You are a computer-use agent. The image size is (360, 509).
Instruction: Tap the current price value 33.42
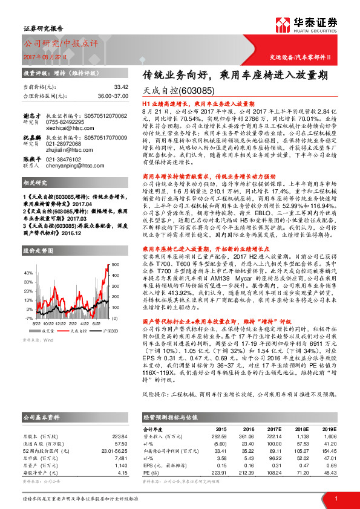[x=121, y=86]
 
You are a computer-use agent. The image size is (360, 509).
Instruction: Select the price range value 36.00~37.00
[x=113, y=96]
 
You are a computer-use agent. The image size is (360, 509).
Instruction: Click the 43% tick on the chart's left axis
[x=28, y=273]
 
